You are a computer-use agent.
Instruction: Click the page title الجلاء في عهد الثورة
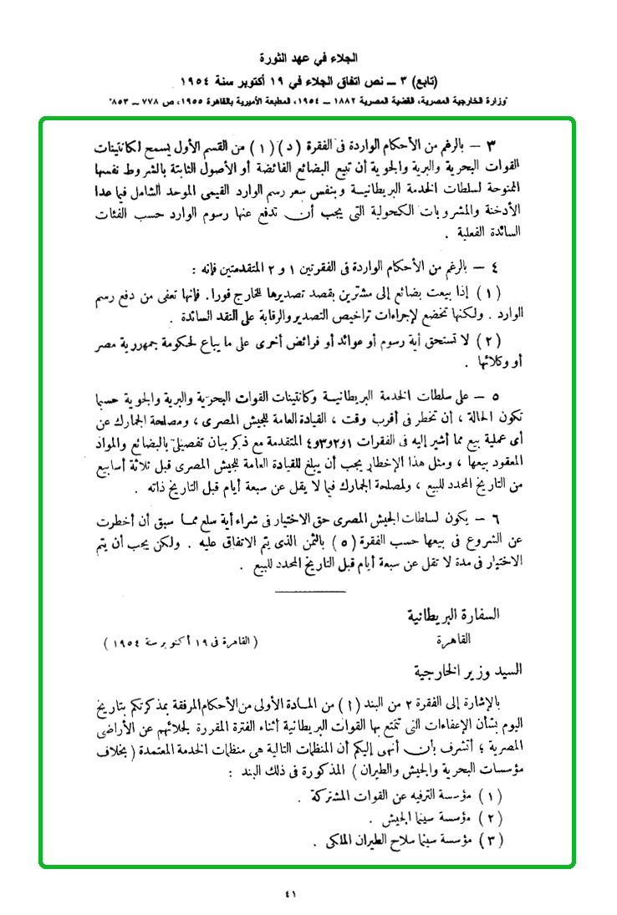[308, 60]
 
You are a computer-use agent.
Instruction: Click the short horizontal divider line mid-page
[309, 592]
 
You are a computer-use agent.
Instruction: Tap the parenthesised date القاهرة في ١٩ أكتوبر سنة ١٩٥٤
[180, 643]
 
